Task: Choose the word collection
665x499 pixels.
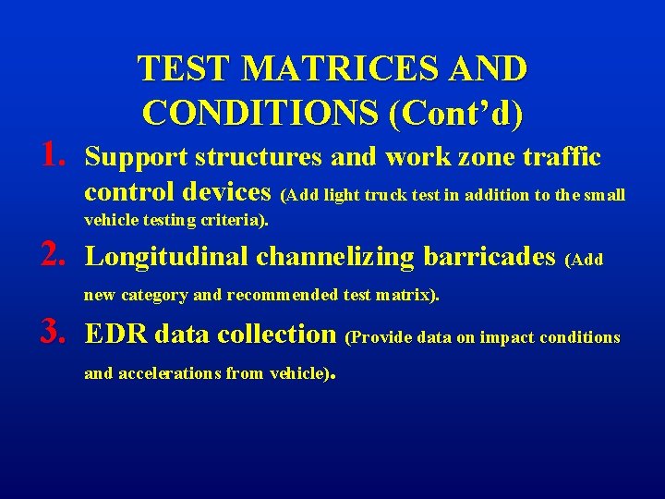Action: (x=280, y=335)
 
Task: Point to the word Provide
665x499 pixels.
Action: (x=380, y=337)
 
